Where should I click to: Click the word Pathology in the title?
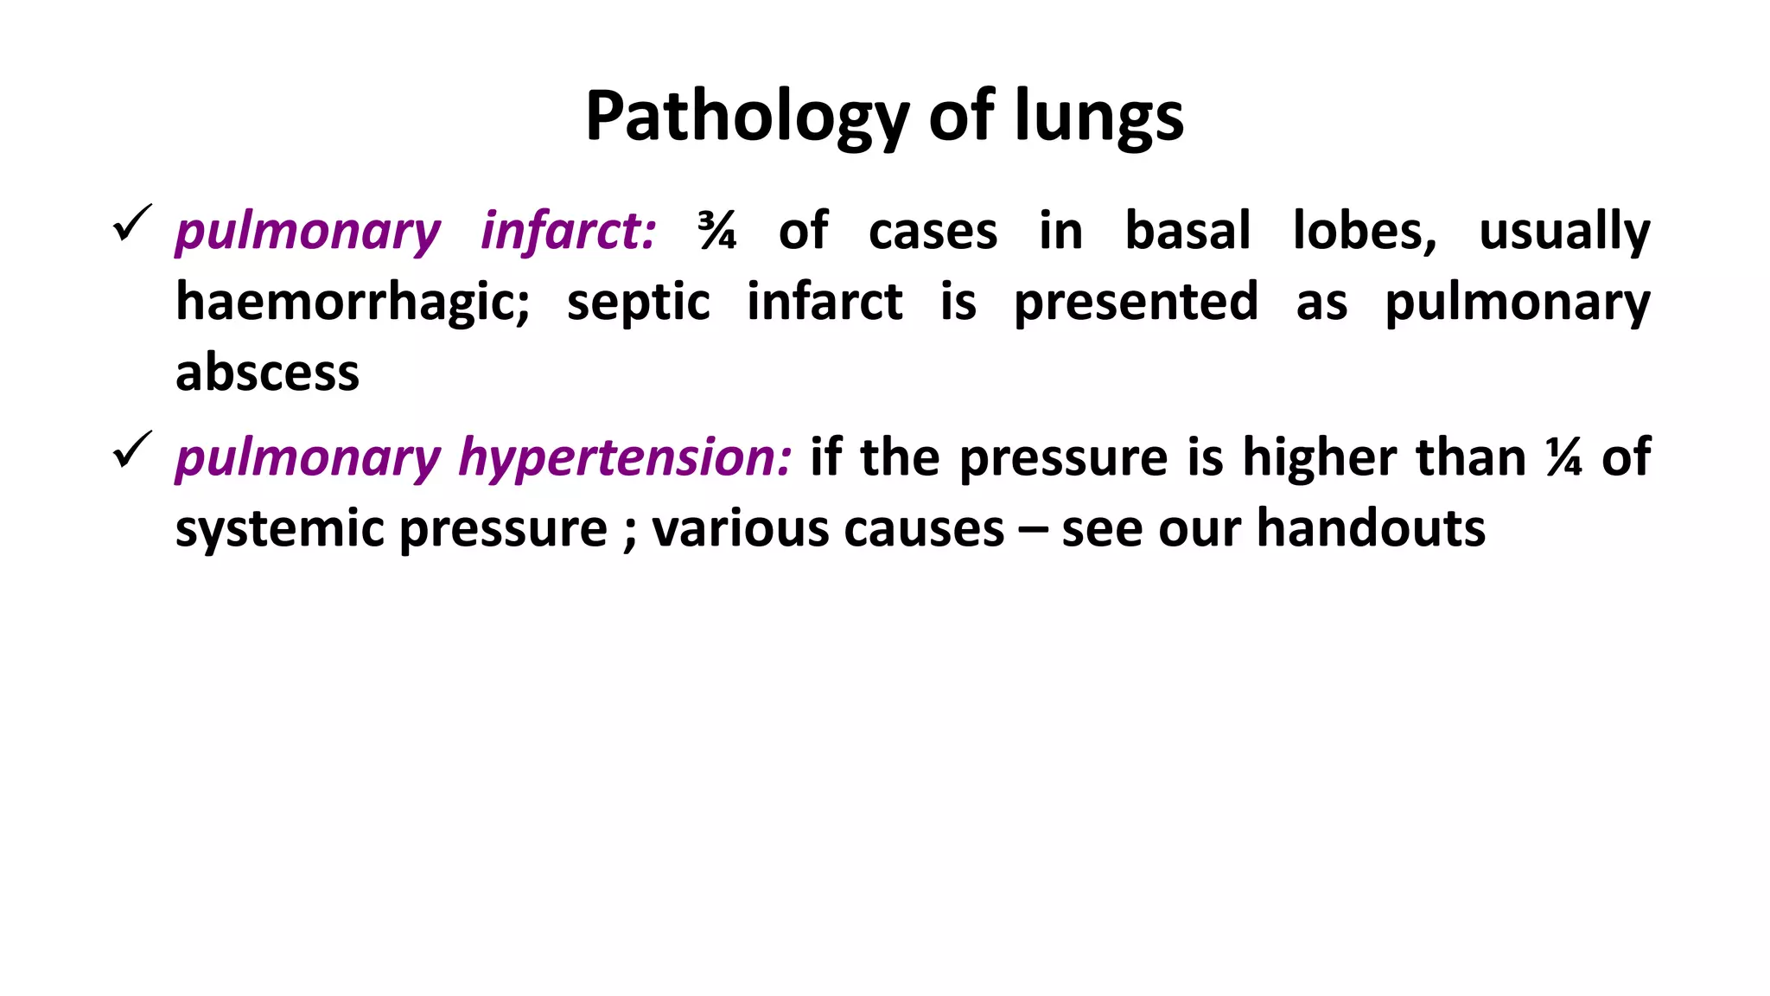pos(747,117)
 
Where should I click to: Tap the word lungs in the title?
pos(1098,117)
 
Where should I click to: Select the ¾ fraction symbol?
pos(717,232)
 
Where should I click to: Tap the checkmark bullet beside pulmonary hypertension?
pos(132,450)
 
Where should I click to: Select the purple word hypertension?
pos(625,457)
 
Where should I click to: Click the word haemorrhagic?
pos(353,303)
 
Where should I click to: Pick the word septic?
pos(638,303)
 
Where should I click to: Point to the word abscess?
pos(267,373)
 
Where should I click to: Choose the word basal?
pos(1187,232)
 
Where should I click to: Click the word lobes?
pos(1365,232)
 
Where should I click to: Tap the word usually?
pos(1564,232)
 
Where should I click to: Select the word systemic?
pos(279,529)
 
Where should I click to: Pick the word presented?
pos(1136,303)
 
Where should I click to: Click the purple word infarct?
pos(568,232)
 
